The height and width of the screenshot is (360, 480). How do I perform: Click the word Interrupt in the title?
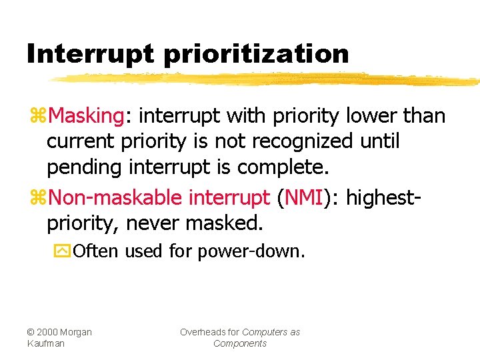pyautogui.click(x=89, y=53)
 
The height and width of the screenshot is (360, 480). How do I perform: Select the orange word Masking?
pyautogui.click(x=86, y=116)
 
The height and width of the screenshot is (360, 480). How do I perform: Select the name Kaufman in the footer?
pyautogui.click(x=46, y=343)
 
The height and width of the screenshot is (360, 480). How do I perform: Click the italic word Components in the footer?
pyautogui.click(x=240, y=343)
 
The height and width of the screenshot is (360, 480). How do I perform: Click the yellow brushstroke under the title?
pyautogui.click(x=267, y=79)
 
